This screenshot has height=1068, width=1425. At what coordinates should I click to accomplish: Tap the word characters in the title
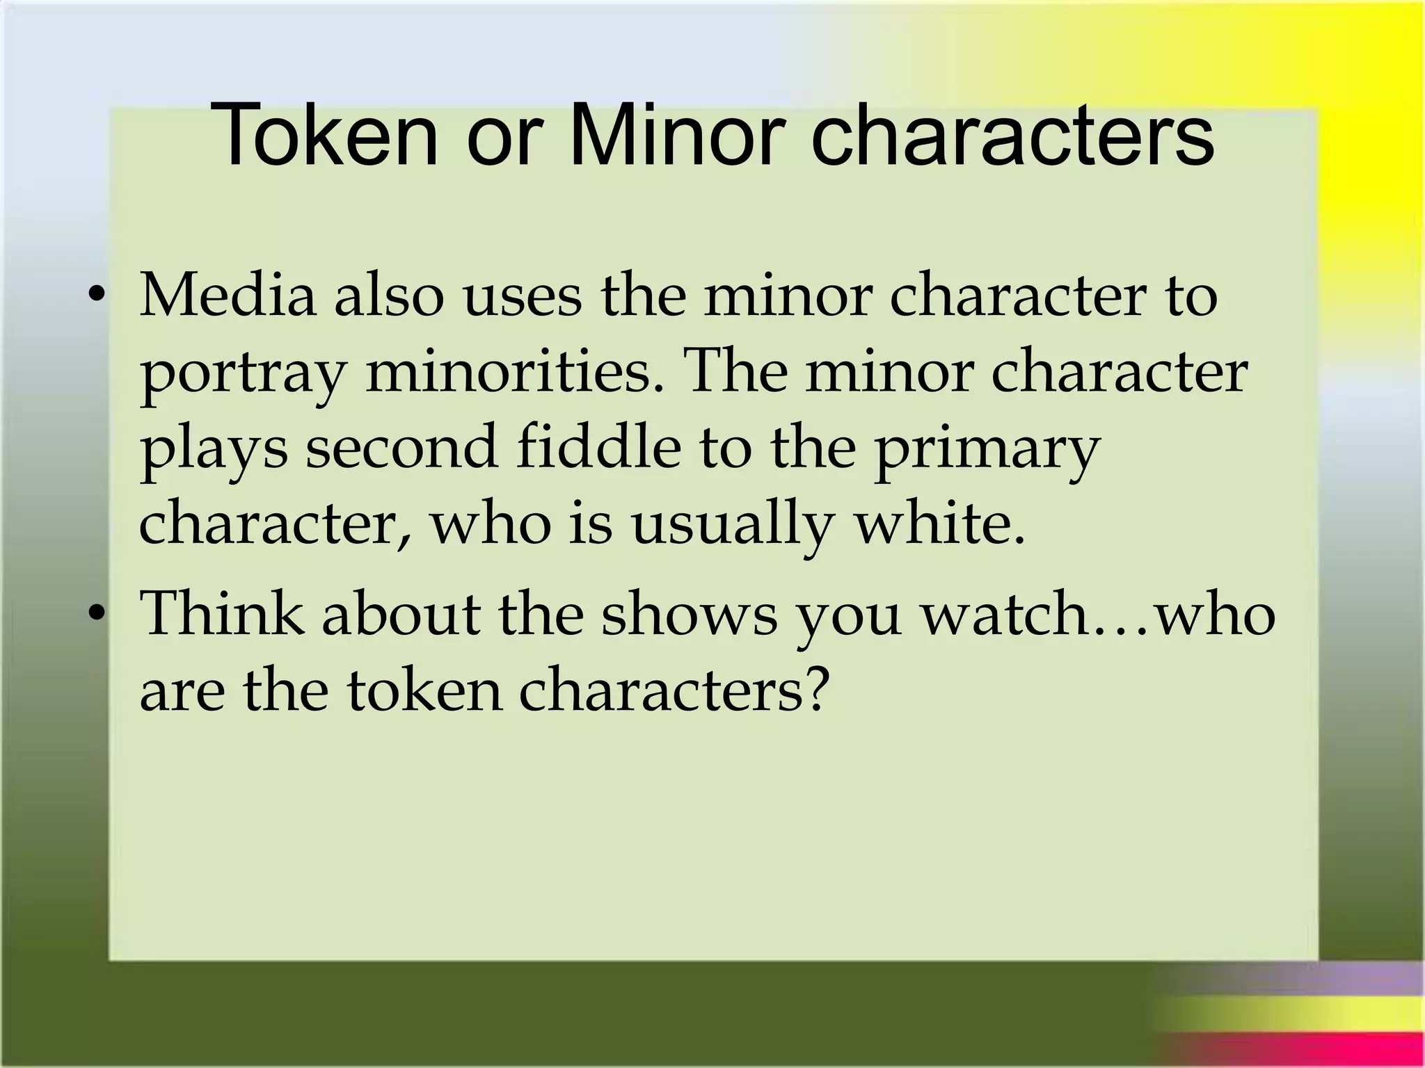coord(1012,136)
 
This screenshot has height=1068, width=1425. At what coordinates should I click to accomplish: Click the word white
coord(939,523)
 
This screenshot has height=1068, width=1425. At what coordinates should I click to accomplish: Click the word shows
coord(689,613)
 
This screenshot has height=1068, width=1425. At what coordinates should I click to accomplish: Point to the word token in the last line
coord(424,690)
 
